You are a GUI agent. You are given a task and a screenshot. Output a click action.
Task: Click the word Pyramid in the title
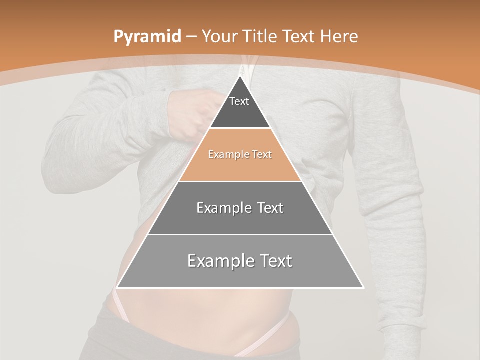point(147,37)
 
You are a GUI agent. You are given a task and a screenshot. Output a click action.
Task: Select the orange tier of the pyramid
point(240,162)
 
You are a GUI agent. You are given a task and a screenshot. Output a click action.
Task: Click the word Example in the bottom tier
point(217,261)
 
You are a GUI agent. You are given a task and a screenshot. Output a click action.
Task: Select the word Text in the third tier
point(269,208)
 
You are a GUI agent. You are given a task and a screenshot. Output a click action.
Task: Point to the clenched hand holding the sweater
point(190,112)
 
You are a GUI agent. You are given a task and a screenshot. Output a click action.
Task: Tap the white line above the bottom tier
point(240,234)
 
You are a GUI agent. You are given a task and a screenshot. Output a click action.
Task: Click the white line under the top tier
point(240,128)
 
